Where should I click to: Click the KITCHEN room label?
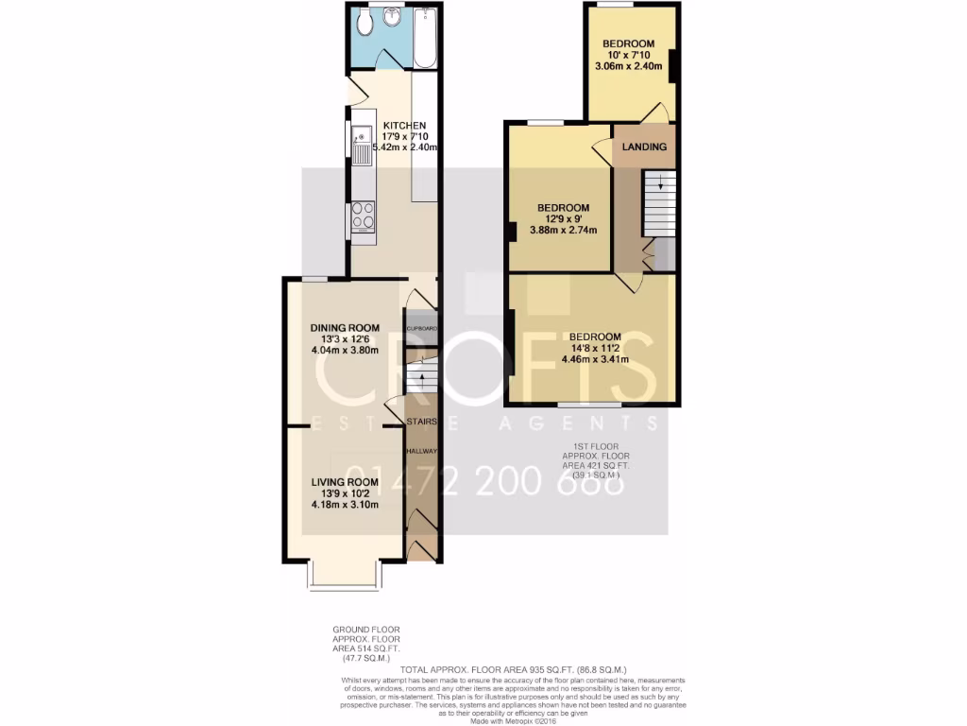(x=404, y=126)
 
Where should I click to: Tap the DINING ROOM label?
(x=345, y=328)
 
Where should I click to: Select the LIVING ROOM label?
(x=345, y=482)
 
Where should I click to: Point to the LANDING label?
(x=645, y=147)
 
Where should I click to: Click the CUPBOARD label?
(x=421, y=328)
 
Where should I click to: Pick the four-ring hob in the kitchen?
(x=362, y=216)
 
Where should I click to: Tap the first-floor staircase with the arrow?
(x=660, y=203)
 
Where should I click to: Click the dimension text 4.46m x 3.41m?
(x=595, y=359)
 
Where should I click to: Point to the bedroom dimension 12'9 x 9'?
(x=564, y=219)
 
